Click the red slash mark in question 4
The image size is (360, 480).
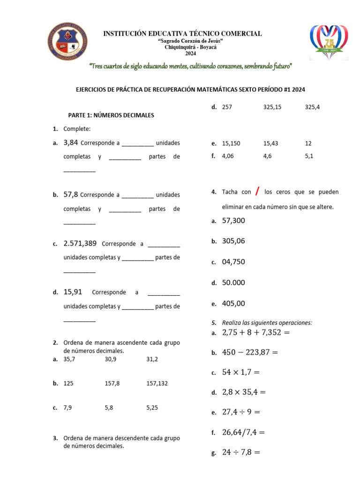click(x=258, y=191)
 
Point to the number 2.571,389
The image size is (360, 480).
click(x=80, y=243)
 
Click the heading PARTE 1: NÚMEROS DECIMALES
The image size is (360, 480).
click(x=111, y=115)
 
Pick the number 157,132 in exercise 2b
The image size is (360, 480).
click(x=157, y=383)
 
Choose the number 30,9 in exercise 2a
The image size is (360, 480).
click(x=112, y=359)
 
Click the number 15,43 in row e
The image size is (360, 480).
click(x=271, y=143)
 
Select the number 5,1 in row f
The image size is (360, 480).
click(x=308, y=156)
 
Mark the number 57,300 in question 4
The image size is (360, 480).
click(x=233, y=220)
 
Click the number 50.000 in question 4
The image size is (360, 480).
click(x=233, y=283)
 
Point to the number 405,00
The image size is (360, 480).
click(x=233, y=303)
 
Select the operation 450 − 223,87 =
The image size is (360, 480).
click(x=250, y=352)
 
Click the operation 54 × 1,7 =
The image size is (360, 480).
click(x=240, y=372)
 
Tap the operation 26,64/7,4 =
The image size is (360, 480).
click(x=243, y=432)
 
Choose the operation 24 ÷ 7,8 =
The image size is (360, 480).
click(x=241, y=452)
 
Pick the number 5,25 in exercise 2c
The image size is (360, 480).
click(x=152, y=408)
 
